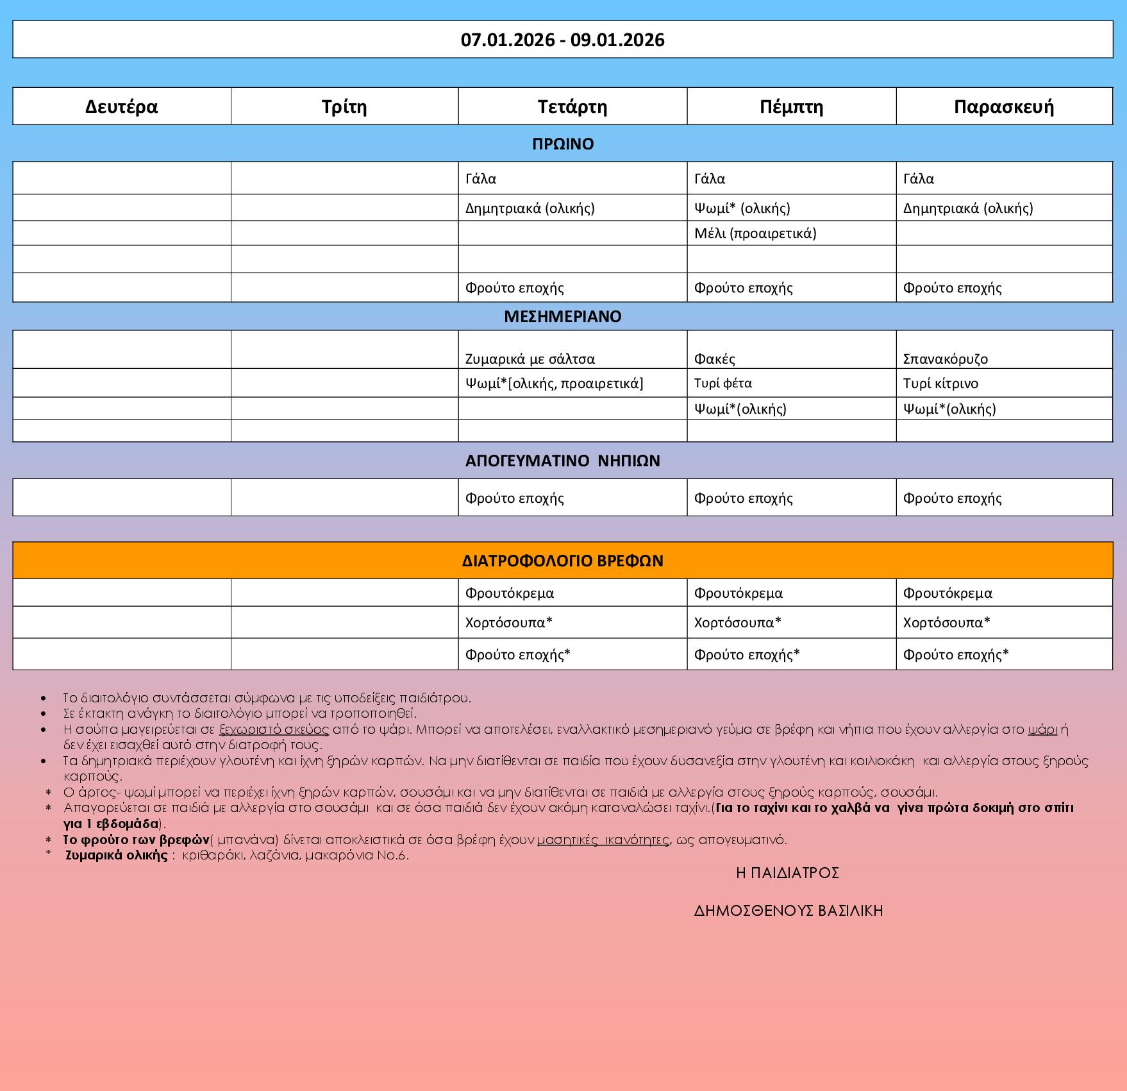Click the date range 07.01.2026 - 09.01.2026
[x=562, y=40]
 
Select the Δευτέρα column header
[x=121, y=106]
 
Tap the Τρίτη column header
[x=344, y=106]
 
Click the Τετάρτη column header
[x=572, y=106]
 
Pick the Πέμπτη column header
[x=791, y=106]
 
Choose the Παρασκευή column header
[x=1003, y=106]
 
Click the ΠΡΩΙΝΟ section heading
[x=563, y=144]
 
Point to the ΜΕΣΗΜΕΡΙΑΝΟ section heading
[x=562, y=316]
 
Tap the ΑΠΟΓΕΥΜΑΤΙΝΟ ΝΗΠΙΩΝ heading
[x=562, y=461]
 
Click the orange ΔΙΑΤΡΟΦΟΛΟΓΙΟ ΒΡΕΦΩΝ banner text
[x=562, y=561]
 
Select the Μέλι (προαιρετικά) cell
[x=755, y=233]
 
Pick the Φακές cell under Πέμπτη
[x=714, y=359]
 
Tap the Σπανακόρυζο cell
[x=945, y=359]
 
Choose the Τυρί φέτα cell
[x=722, y=383]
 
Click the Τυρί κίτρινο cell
[x=940, y=384]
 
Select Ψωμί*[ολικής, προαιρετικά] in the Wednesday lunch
[x=554, y=384]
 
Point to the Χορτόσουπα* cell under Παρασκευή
[x=946, y=622]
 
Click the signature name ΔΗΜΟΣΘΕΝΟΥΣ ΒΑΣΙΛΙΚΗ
[x=788, y=911]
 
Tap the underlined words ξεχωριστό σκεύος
[x=274, y=729]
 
